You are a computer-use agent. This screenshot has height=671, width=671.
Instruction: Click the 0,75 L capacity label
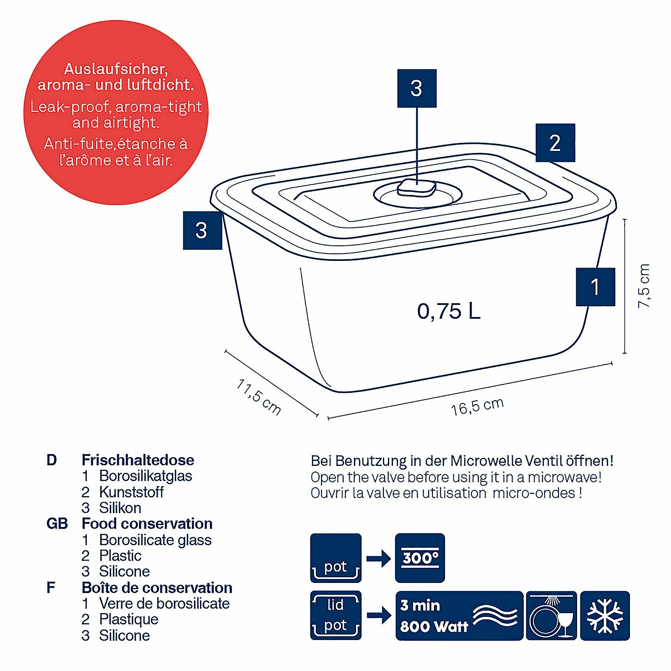pyautogui.click(x=448, y=311)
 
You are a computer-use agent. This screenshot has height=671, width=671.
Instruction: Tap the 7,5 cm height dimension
pyautogui.click(x=643, y=286)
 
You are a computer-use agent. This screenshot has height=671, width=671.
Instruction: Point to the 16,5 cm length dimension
pyautogui.click(x=477, y=406)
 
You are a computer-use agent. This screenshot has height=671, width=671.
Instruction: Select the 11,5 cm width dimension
pyautogui.click(x=258, y=397)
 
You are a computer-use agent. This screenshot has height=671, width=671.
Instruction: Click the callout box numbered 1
pyautogui.click(x=595, y=287)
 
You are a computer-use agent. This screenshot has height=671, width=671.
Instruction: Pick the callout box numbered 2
pyautogui.click(x=555, y=143)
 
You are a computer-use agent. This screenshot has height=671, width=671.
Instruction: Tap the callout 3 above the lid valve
pyautogui.click(x=416, y=88)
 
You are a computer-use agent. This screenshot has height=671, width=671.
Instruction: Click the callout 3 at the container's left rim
pyautogui.click(x=202, y=230)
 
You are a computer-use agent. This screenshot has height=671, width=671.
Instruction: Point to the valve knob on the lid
pyautogui.click(x=416, y=187)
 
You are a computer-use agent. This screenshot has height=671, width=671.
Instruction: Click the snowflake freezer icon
pyautogui.click(x=605, y=616)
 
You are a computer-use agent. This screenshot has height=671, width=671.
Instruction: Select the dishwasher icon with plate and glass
pyautogui.click(x=551, y=616)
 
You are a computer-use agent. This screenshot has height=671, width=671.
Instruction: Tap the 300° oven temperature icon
pyautogui.click(x=420, y=558)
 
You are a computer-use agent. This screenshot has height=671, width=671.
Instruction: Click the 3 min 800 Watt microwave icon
pyautogui.click(x=459, y=616)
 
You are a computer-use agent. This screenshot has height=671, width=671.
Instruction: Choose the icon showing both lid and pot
pyautogui.click(x=335, y=615)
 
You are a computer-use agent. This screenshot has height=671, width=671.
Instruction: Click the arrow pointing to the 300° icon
pyautogui.click(x=378, y=558)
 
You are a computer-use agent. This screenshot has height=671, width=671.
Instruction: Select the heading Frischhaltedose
pyautogui.click(x=138, y=460)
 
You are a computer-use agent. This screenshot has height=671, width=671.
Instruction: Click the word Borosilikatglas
pyautogui.click(x=146, y=476)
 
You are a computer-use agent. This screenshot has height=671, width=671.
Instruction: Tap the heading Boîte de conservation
pyautogui.click(x=157, y=588)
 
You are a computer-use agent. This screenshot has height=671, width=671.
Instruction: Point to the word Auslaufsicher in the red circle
pyautogui.click(x=116, y=69)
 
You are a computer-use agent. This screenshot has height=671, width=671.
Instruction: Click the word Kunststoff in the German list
pyautogui.click(x=131, y=492)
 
